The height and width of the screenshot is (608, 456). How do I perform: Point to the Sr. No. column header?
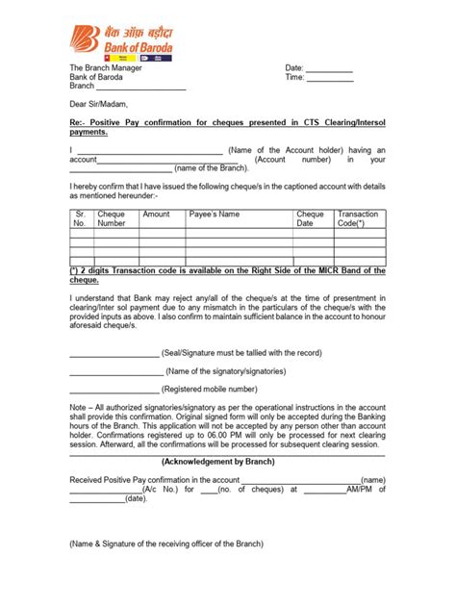pos(81,218)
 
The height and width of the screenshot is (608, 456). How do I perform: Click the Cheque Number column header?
pos(114,218)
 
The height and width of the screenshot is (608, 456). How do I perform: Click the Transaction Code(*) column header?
pos(358,218)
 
